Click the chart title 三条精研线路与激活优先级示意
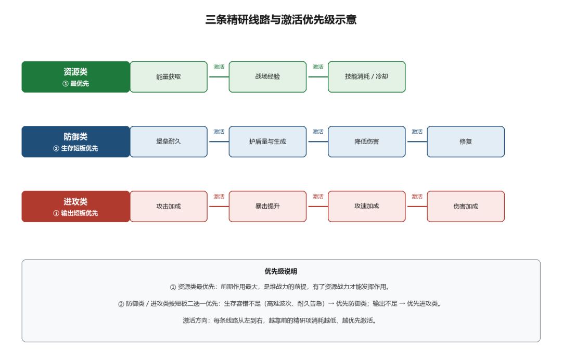click(280, 19)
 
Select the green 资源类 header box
click(75, 76)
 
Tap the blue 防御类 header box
click(75, 142)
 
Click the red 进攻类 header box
click(75, 207)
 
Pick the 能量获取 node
click(169, 76)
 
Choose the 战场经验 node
click(268, 76)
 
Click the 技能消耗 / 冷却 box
click(367, 76)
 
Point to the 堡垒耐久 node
click(169, 142)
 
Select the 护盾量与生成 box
click(268, 142)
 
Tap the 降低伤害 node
click(367, 142)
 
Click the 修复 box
click(466, 142)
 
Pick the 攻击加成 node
click(169, 207)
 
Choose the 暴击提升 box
click(268, 207)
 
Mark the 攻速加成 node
click(367, 207)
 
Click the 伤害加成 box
click(466, 207)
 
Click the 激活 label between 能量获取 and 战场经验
click(219, 67)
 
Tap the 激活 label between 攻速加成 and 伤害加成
click(417, 197)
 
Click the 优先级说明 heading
click(280, 272)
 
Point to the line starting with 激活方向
click(280, 320)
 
